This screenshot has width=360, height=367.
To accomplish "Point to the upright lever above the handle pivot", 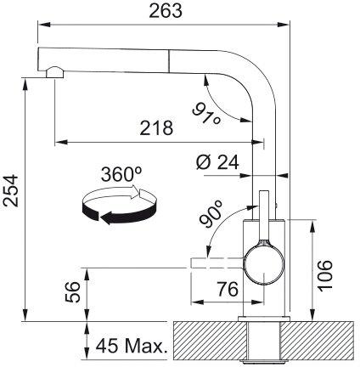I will [266, 217].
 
